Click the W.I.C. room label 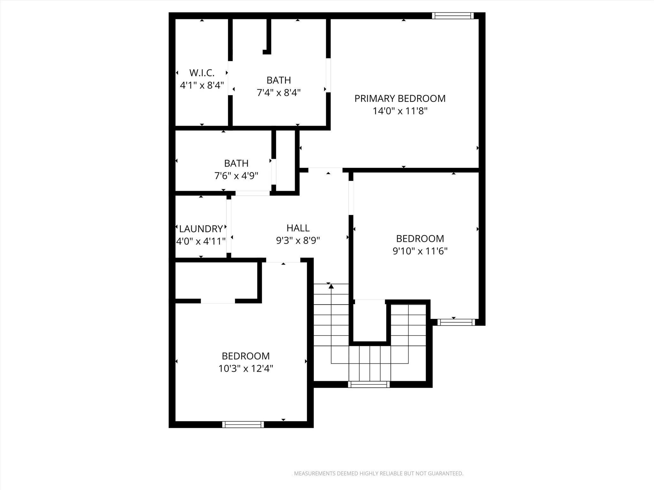coord(202,73)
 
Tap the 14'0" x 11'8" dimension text coord(400,111)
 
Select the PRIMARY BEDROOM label coord(400,99)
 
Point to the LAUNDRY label coord(201,229)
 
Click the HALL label coord(298,228)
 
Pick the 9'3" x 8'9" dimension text coord(298,241)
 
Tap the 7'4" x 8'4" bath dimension coord(278,93)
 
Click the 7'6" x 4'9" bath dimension coord(236,176)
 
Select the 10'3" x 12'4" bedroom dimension coord(246,369)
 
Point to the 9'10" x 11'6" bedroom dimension coord(420,251)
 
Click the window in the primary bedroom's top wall coord(453,16)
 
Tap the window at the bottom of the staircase coord(369,384)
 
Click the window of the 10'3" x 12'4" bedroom coord(243,424)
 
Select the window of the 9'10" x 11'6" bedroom coord(456,322)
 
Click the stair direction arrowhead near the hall coord(331,286)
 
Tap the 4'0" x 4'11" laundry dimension coord(201,241)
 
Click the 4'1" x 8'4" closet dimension coord(202,85)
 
